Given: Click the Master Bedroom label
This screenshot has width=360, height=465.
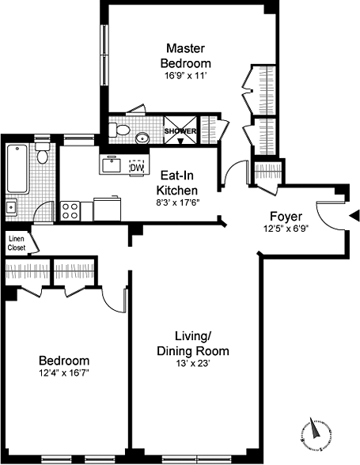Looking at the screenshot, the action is click(x=185, y=55).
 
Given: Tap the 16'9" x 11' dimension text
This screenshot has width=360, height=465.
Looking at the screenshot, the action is click(x=185, y=76).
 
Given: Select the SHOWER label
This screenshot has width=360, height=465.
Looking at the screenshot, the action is click(x=180, y=130).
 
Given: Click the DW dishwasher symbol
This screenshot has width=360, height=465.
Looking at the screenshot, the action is click(x=137, y=168).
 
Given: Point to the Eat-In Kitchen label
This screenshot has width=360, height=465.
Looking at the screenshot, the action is click(x=177, y=183).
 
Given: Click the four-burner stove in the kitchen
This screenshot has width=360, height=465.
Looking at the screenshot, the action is click(x=70, y=211).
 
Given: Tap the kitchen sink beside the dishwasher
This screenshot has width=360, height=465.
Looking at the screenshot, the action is click(x=112, y=164).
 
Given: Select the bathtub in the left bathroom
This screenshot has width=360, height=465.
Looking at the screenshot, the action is click(x=17, y=168).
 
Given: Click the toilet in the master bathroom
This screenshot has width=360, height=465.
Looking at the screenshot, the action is click(x=119, y=130).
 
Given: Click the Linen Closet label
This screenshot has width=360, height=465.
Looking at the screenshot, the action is click(x=17, y=244).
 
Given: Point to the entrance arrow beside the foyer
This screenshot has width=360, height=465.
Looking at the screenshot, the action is click(x=354, y=216).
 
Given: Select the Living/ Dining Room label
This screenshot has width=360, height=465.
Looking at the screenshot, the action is click(x=193, y=344).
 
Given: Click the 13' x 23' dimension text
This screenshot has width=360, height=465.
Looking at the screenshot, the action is click(x=193, y=363).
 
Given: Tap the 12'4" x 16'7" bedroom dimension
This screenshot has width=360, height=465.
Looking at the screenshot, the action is click(x=64, y=373).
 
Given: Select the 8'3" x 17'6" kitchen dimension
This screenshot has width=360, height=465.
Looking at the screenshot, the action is click(x=177, y=202).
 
